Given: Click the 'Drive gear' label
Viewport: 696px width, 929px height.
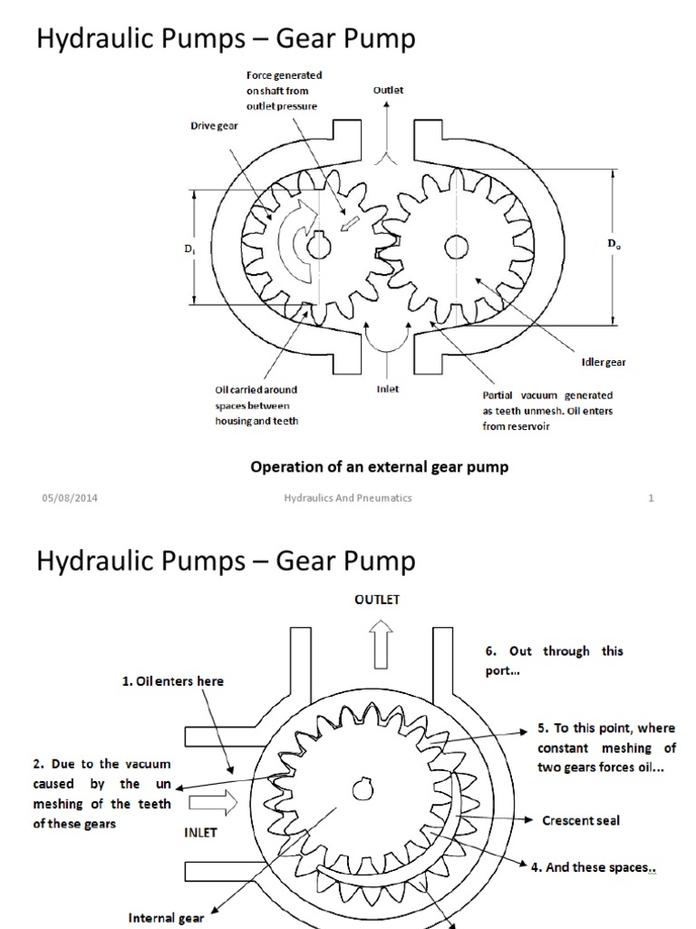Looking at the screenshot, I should (214, 126).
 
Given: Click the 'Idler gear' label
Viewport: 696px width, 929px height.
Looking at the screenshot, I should (604, 362).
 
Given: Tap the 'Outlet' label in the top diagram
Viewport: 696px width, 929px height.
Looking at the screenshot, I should (388, 91).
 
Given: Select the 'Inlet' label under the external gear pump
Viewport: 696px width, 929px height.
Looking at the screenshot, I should (388, 389).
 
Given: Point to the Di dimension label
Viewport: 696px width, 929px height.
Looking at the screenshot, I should (188, 249).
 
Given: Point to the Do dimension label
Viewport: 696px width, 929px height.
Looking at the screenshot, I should (614, 244).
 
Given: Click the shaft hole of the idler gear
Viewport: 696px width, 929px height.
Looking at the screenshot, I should (456, 246).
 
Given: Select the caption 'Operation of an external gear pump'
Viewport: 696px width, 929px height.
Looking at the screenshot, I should (379, 467).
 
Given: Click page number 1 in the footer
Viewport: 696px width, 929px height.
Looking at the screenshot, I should (651, 498).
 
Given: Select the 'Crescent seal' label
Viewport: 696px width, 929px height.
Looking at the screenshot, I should (580, 820).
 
